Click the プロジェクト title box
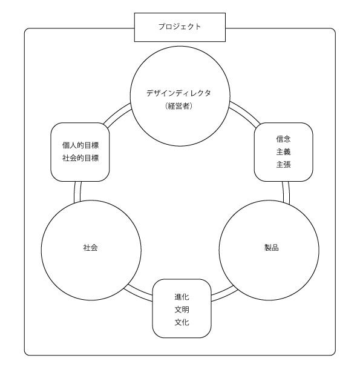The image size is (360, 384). (180, 27)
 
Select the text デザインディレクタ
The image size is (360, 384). (178, 93)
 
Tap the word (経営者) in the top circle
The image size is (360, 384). (178, 106)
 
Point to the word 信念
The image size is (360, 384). (283, 139)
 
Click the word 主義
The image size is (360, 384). (283, 152)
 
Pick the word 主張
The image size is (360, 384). (283, 165)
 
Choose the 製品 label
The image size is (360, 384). (272, 248)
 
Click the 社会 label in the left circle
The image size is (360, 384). (91, 248)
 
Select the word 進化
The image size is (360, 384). (182, 297)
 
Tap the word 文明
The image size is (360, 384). (182, 310)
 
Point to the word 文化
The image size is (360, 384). (182, 322)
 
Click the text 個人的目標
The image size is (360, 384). (80, 145)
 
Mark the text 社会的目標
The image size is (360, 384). (80, 158)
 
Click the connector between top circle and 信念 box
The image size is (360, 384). (245, 113)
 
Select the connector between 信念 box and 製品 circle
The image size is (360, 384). (286, 193)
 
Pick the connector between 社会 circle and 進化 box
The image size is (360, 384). (138, 293)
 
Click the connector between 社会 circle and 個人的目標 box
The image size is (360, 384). (77, 192)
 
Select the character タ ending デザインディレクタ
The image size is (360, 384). (208, 93)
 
